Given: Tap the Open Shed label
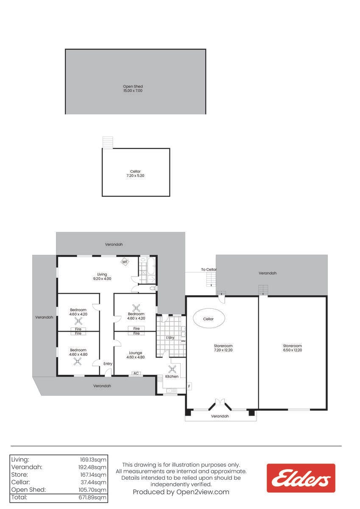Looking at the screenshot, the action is click(x=133, y=87).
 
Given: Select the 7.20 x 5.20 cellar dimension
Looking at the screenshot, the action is click(x=135, y=176).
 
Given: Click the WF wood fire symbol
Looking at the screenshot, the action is click(x=125, y=262).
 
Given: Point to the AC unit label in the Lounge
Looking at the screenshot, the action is click(x=136, y=373).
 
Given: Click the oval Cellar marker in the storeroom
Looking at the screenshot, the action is click(x=209, y=318).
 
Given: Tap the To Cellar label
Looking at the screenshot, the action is click(x=209, y=269).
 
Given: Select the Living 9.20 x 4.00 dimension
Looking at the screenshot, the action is click(x=102, y=279).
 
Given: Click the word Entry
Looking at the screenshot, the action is click(x=108, y=364).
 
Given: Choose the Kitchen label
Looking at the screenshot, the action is click(x=172, y=377).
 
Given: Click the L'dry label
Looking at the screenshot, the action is click(x=170, y=338).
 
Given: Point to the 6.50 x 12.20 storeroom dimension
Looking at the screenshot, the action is click(x=293, y=350).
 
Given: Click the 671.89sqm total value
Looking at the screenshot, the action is click(x=92, y=498).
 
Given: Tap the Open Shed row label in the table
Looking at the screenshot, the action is click(x=28, y=489).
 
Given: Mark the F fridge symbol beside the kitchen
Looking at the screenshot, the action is click(x=189, y=386).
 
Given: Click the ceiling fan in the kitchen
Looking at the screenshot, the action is click(x=172, y=369).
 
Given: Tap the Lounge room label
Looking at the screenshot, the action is click(x=136, y=353).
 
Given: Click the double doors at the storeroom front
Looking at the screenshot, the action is click(x=220, y=402).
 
